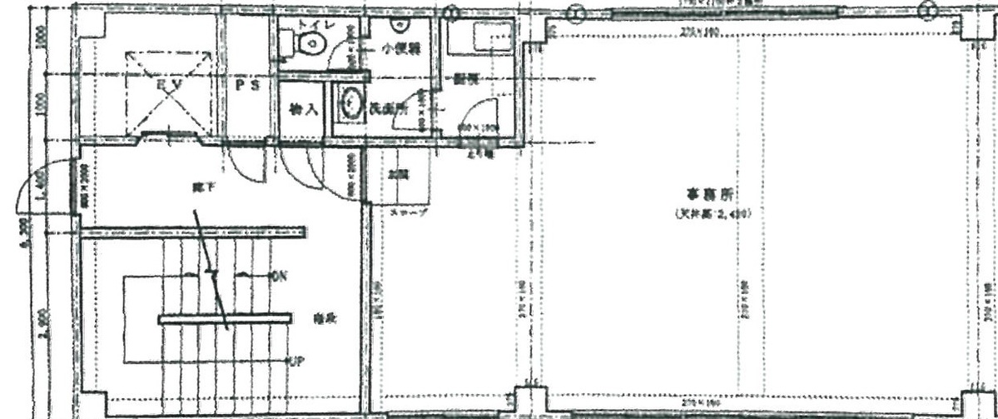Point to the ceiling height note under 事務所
[x=713, y=214]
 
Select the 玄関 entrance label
[x=398, y=176]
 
